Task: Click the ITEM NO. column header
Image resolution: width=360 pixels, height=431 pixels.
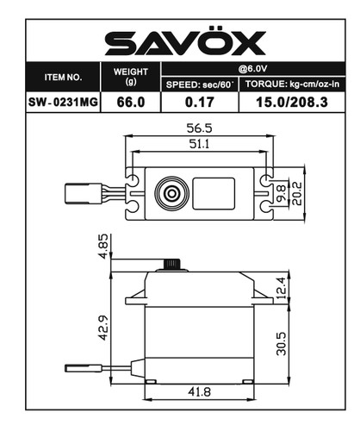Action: pyautogui.click(x=64, y=77)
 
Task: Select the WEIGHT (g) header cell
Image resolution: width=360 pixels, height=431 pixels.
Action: pyautogui.click(x=131, y=77)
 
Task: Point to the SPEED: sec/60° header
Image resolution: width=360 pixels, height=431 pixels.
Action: pyautogui.click(x=199, y=84)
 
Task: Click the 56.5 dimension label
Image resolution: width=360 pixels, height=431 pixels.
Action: pyautogui.click(x=200, y=128)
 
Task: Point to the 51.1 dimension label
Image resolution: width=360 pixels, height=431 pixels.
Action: pyautogui.click(x=200, y=145)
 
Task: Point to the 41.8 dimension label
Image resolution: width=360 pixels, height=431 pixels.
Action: pyautogui.click(x=200, y=393)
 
